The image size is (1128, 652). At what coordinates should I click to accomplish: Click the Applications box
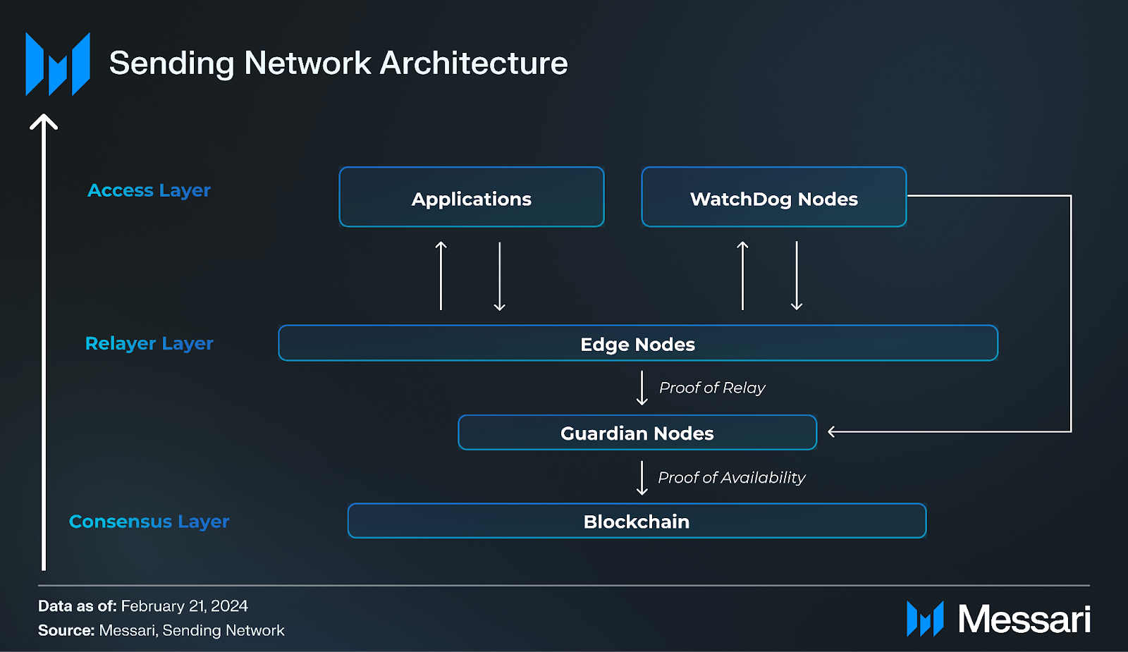coord(471,197)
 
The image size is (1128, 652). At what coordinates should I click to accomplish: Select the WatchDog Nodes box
coord(773,197)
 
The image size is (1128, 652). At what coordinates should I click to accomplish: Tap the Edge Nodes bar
coord(637,343)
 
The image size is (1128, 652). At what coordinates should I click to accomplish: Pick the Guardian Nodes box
coord(637,433)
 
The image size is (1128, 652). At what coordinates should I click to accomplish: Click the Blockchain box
coord(636,521)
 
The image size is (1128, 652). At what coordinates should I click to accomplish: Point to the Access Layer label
coord(149,190)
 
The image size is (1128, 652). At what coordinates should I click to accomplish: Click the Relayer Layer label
coord(149,343)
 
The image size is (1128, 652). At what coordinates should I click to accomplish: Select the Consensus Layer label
coord(149,522)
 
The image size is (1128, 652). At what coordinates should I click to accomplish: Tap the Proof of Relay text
coord(711,388)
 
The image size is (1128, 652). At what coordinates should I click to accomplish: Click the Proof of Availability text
coord(731,477)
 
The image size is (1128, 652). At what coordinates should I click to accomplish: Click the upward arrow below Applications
coord(441,276)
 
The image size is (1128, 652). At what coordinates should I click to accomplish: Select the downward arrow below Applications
coord(499,276)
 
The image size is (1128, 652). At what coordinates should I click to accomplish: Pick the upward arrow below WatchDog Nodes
coord(742,276)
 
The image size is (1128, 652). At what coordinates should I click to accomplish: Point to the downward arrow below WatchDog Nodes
coord(797,276)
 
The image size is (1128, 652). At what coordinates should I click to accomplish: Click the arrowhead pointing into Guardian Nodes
coord(833,431)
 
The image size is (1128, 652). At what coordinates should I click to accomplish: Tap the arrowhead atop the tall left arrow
coord(44,121)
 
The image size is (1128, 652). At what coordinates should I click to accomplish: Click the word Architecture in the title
coord(474,63)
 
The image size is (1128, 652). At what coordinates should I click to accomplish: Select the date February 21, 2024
coord(184,606)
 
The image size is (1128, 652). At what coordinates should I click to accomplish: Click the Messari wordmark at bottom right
coord(1024,620)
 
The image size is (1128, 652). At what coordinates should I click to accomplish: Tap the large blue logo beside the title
coord(58,64)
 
